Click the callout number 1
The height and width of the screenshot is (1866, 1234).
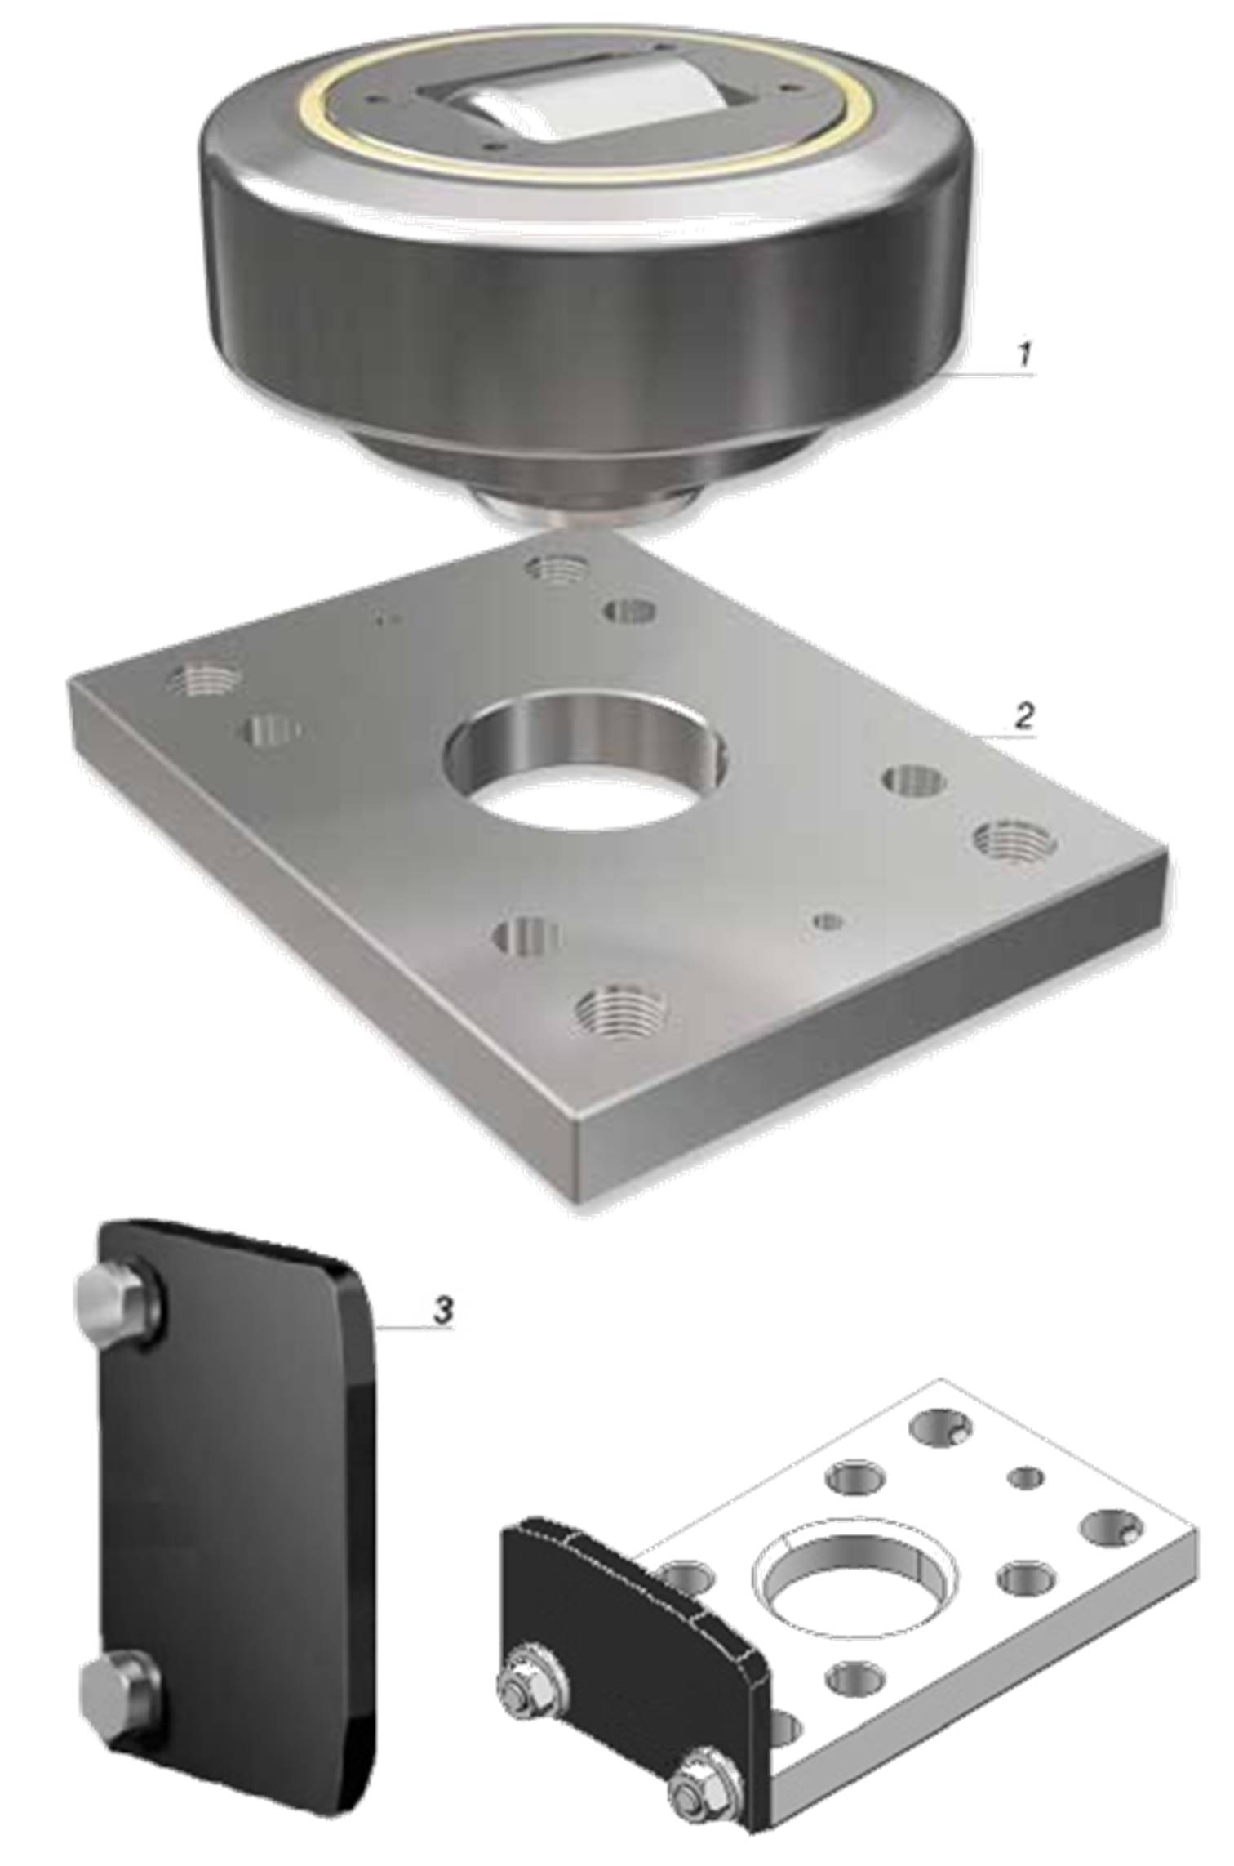(1026, 355)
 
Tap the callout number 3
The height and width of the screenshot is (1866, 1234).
(443, 1311)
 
